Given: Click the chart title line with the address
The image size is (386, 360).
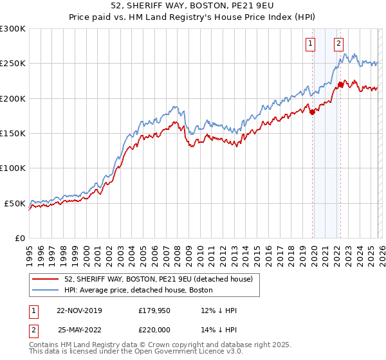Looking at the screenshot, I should [x=193, y=6].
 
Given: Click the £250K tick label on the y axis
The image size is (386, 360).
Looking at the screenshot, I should [x=13, y=64].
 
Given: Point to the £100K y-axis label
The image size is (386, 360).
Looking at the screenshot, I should [x=13, y=168].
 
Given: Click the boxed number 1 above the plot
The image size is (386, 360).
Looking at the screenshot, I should [x=311, y=44].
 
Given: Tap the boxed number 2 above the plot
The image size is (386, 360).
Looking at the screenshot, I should [x=338, y=44].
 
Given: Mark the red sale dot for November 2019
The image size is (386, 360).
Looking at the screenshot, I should [x=312, y=112].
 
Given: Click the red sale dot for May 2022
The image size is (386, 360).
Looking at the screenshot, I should [x=340, y=84].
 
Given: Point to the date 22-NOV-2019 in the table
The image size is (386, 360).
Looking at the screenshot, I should [x=79, y=310].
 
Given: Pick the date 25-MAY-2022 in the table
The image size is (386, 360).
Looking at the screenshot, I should [x=79, y=328].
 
